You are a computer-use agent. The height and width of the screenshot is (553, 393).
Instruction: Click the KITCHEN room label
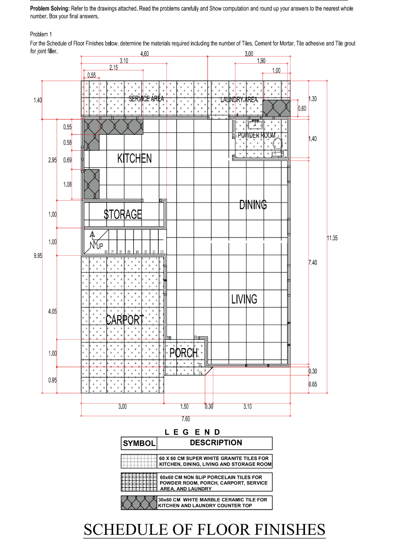pyautogui.click(x=134, y=159)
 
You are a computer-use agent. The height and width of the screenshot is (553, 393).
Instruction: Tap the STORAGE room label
pyautogui.click(x=123, y=215)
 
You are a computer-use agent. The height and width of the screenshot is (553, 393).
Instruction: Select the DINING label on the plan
pyautogui.click(x=253, y=205)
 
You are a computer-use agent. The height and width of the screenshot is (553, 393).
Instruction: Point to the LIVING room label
pyautogui.click(x=244, y=299)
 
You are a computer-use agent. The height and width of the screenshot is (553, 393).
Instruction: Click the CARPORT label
pyautogui.click(x=125, y=320)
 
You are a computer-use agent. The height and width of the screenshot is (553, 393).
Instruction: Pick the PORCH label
pyautogui.click(x=184, y=353)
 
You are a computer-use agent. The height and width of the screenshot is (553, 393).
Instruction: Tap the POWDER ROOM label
pyautogui.click(x=257, y=135)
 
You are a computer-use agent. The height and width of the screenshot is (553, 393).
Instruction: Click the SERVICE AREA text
pyautogui.click(x=146, y=99)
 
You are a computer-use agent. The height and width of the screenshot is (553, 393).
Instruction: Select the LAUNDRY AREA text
pyautogui.click(x=239, y=100)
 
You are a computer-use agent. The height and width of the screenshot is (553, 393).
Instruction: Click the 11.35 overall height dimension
pyautogui.click(x=332, y=238)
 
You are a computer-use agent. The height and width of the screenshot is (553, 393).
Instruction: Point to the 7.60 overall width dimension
pyautogui.click(x=186, y=419)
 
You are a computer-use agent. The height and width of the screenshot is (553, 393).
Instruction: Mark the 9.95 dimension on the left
pyautogui.click(x=38, y=256)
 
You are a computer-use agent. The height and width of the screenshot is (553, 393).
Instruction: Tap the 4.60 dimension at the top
pyautogui.click(x=144, y=54)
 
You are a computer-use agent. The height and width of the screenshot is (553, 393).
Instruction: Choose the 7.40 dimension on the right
pyautogui.click(x=313, y=263)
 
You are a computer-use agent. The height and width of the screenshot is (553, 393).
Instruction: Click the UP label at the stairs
pyautogui.click(x=99, y=246)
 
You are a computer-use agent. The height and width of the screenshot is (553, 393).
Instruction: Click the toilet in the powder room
pyautogui.click(x=277, y=144)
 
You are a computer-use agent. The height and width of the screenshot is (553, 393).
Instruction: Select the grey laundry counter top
pyautogui.click(x=277, y=108)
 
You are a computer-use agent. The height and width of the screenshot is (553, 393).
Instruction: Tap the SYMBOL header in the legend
pyautogui.click(x=139, y=443)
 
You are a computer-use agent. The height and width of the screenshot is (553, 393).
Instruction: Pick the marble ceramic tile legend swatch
pyautogui.click(x=139, y=503)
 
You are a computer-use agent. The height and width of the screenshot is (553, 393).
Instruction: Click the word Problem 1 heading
pyautogui.click(x=41, y=34)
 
